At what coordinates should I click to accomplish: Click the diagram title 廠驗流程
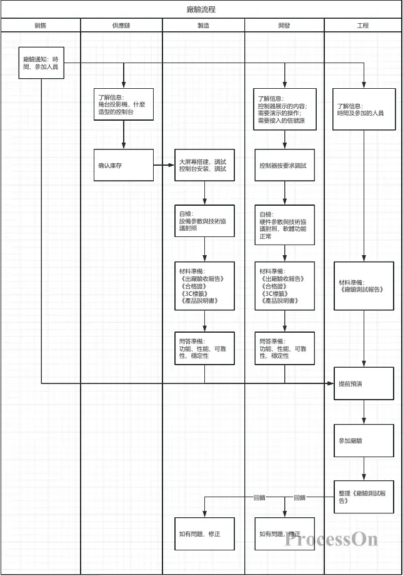[201, 9]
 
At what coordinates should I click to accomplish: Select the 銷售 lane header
[41, 26]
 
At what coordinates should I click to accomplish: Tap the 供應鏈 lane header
[121, 26]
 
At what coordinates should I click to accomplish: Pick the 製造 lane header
[203, 26]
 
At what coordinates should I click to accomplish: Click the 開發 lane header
[284, 26]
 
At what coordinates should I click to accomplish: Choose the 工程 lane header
[363, 26]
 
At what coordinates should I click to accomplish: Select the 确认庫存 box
[124, 165]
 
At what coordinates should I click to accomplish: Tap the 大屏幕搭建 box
[204, 165]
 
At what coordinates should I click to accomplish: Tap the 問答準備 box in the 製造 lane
[204, 348]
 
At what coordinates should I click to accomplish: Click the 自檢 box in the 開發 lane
[284, 225]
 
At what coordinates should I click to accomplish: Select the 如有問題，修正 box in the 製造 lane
[204, 533]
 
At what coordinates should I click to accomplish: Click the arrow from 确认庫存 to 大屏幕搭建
[164, 165]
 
